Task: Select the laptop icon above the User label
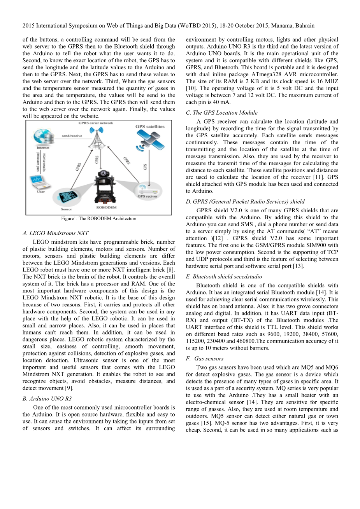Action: click(38, 182)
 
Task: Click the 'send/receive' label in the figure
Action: click(72, 136)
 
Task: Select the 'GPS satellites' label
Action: click(150, 126)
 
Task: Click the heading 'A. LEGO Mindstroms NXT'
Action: click(56, 233)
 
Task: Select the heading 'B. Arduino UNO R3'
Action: click(47, 399)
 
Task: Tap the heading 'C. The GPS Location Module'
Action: click(221, 113)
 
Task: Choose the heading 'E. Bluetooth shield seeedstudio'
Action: click(224, 277)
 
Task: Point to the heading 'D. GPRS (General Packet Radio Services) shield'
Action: click(245, 201)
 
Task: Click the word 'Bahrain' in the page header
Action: click(304, 26)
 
